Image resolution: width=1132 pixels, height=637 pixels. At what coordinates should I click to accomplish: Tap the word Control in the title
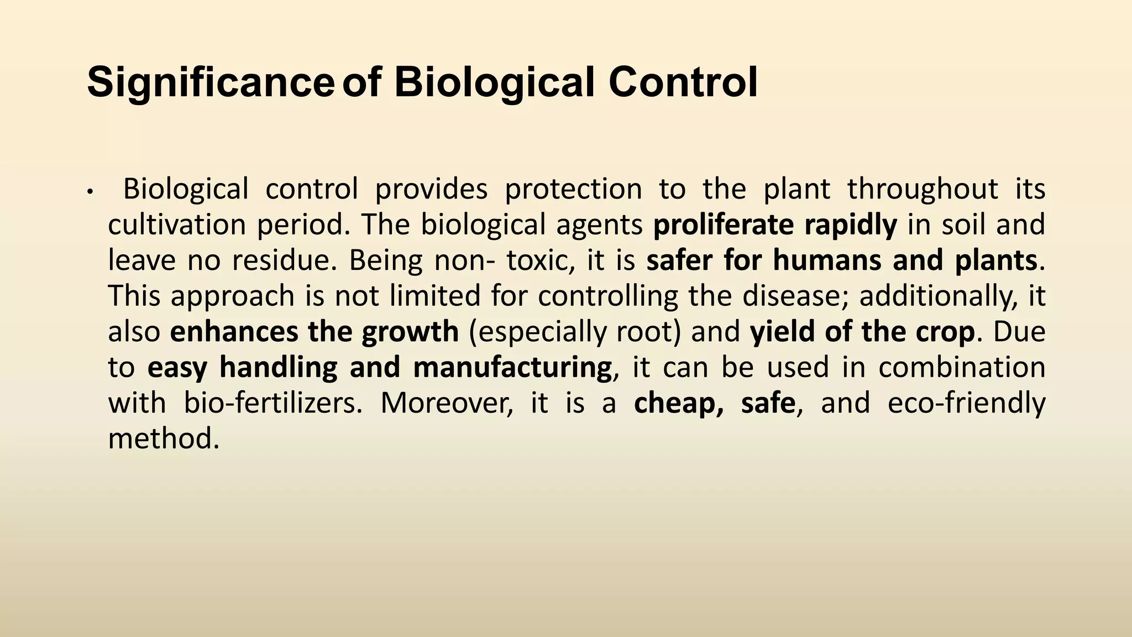click(683, 83)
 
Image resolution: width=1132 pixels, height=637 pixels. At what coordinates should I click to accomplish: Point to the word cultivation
click(177, 225)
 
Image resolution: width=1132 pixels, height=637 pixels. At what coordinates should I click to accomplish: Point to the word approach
click(232, 296)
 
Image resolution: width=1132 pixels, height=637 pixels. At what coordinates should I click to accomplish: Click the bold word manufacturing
click(512, 367)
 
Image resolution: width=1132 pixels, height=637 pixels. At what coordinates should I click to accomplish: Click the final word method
click(163, 438)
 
